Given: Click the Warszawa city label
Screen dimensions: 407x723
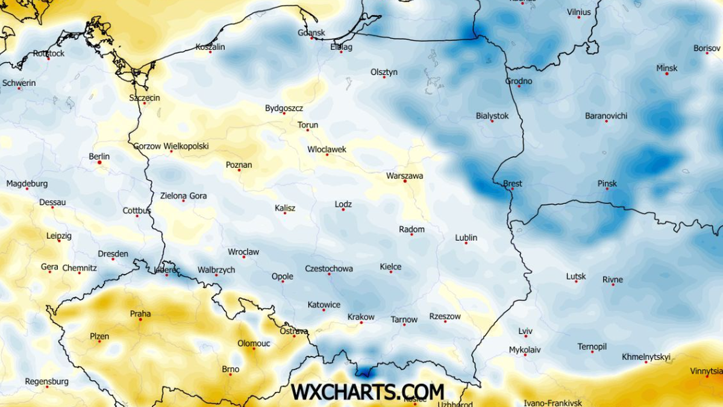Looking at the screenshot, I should click(x=404, y=176).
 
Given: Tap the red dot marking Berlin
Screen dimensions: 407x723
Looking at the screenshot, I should click(x=99, y=162).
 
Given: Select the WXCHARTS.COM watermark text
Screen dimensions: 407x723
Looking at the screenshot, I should click(x=368, y=391).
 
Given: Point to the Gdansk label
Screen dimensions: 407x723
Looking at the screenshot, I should click(x=311, y=33).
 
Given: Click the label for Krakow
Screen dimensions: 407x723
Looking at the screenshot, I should click(x=361, y=317).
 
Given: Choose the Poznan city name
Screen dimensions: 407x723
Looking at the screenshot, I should click(x=239, y=165).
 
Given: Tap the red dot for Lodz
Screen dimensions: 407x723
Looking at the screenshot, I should click(x=343, y=210).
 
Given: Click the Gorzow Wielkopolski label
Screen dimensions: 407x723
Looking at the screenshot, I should click(x=171, y=146).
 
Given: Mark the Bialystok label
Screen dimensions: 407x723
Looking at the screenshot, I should click(x=492, y=116).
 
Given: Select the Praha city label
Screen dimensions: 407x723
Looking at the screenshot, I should click(x=140, y=314).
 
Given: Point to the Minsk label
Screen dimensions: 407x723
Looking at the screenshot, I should click(x=666, y=69).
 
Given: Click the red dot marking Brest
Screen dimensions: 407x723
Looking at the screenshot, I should click(x=512, y=189).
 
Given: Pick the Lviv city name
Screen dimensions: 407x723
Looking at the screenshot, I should click(x=525, y=331).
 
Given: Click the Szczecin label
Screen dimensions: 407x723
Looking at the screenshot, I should click(x=145, y=98).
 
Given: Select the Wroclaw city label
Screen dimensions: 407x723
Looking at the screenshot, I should click(x=243, y=252).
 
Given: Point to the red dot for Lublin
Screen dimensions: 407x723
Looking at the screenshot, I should click(x=466, y=243).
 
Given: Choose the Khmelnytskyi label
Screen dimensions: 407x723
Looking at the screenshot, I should click(x=646, y=356).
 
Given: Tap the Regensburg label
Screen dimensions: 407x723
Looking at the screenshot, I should click(x=46, y=382).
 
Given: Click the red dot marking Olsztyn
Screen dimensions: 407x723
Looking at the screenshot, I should click(x=384, y=78).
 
